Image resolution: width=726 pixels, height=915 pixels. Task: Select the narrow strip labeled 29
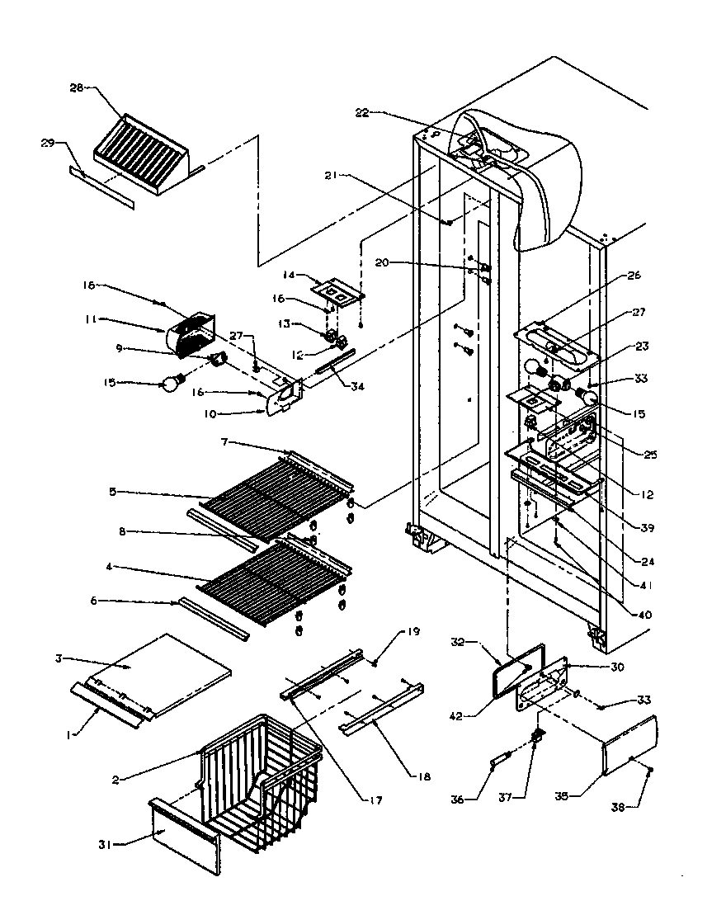click(x=101, y=187)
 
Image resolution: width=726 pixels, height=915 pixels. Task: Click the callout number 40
click(x=634, y=614)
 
